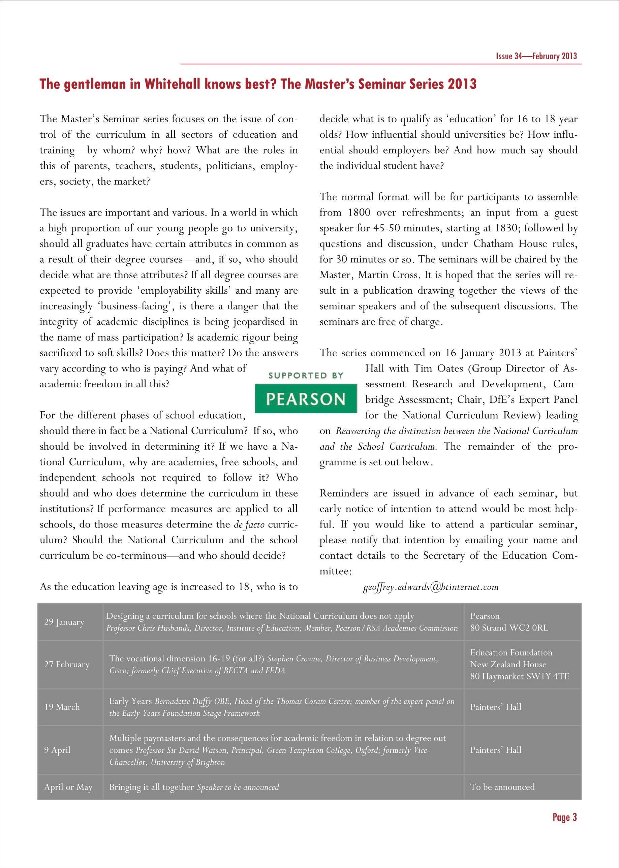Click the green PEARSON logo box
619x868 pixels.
tap(306, 398)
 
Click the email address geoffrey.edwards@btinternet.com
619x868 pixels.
tap(431, 587)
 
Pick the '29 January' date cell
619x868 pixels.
tap(64, 621)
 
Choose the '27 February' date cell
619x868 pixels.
tap(67, 664)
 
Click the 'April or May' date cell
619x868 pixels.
tap(68, 787)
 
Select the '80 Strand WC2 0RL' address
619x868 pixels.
tap(509, 628)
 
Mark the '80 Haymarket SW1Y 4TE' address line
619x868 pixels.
tap(519, 676)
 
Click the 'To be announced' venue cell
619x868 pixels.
tap(502, 787)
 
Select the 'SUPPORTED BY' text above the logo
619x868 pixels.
tap(306, 376)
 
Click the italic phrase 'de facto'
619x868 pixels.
tap(249, 525)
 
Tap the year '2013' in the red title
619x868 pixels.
tap(462, 84)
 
